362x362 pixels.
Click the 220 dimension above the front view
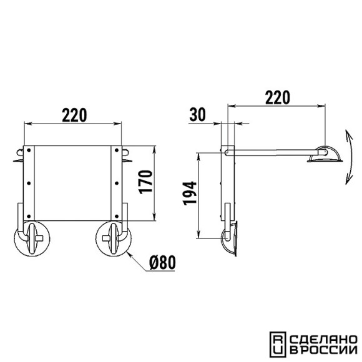(x=74, y=115)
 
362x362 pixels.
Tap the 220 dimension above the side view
(x=277, y=97)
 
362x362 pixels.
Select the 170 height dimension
(x=146, y=182)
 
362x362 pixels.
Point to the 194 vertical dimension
(x=190, y=193)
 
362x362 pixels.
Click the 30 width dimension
(x=197, y=115)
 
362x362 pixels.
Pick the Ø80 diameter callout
(x=162, y=263)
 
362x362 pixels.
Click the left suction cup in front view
(x=32, y=238)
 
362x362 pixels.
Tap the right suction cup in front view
(x=114, y=238)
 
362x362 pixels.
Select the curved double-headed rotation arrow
(x=350, y=157)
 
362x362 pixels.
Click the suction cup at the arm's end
(x=325, y=155)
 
